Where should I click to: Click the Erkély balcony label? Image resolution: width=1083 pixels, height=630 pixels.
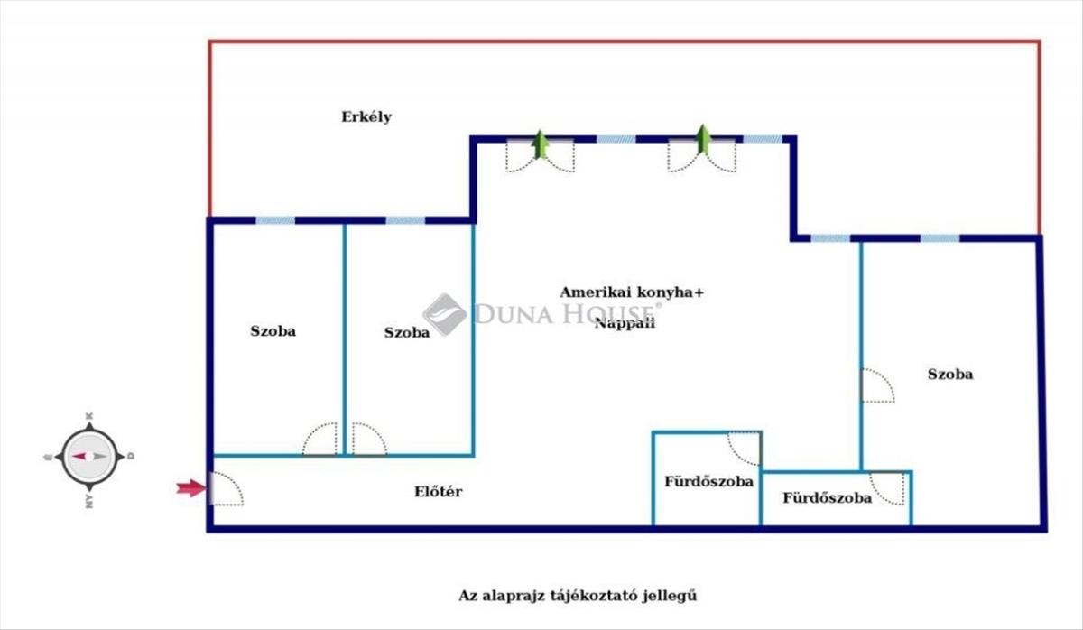coord(366,117)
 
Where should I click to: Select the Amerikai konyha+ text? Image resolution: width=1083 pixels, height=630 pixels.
coord(631,292)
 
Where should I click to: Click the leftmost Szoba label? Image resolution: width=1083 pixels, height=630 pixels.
coord(273,331)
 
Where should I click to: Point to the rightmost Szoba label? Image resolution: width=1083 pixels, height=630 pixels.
coord(950,375)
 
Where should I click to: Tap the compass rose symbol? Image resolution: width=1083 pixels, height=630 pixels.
coord(88,457)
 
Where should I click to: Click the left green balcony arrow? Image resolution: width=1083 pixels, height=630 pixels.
coord(541,144)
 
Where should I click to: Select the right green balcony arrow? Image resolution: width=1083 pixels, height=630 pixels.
coord(703,140)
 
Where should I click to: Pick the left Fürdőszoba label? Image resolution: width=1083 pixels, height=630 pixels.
coord(708,482)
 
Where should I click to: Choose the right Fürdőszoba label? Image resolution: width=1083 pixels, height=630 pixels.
coord(827,498)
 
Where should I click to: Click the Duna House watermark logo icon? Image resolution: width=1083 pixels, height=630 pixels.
coord(445,314)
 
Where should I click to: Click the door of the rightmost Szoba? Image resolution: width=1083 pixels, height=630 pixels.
coord(876,385)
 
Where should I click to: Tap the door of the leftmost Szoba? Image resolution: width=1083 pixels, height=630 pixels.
coord(320,440)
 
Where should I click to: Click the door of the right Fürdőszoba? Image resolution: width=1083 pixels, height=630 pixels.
coord(887,488)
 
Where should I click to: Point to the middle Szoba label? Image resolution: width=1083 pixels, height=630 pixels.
coord(407,333)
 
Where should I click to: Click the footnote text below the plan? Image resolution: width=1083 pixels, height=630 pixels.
coord(579,596)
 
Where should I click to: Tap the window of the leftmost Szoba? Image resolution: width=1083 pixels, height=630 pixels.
coord(275,220)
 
